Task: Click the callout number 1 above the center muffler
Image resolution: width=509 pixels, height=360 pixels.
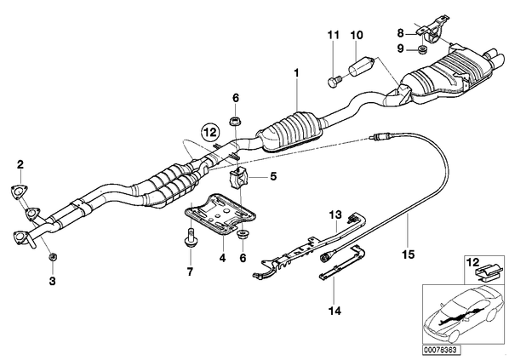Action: click(296, 73)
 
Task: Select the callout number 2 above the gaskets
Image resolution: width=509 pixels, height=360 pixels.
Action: click(20, 165)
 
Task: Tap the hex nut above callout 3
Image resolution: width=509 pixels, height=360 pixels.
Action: click(52, 257)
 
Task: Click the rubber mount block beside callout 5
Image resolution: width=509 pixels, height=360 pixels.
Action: click(238, 180)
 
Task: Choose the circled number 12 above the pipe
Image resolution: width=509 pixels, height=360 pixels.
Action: click(210, 132)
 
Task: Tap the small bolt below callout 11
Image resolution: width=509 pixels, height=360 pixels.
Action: click(334, 81)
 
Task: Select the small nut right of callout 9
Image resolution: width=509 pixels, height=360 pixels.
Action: click(422, 49)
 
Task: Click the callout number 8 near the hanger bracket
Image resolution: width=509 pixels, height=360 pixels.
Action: click(401, 33)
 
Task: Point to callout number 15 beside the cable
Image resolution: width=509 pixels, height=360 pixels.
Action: click(409, 254)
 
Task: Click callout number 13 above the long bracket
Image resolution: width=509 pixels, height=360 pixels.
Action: click(335, 214)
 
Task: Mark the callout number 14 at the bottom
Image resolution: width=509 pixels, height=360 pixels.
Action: click(335, 311)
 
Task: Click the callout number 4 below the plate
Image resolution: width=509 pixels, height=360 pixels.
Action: click(222, 258)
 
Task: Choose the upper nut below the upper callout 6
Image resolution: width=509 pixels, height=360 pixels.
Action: click(235, 121)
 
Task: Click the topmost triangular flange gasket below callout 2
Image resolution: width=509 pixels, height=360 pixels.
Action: click(20, 191)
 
